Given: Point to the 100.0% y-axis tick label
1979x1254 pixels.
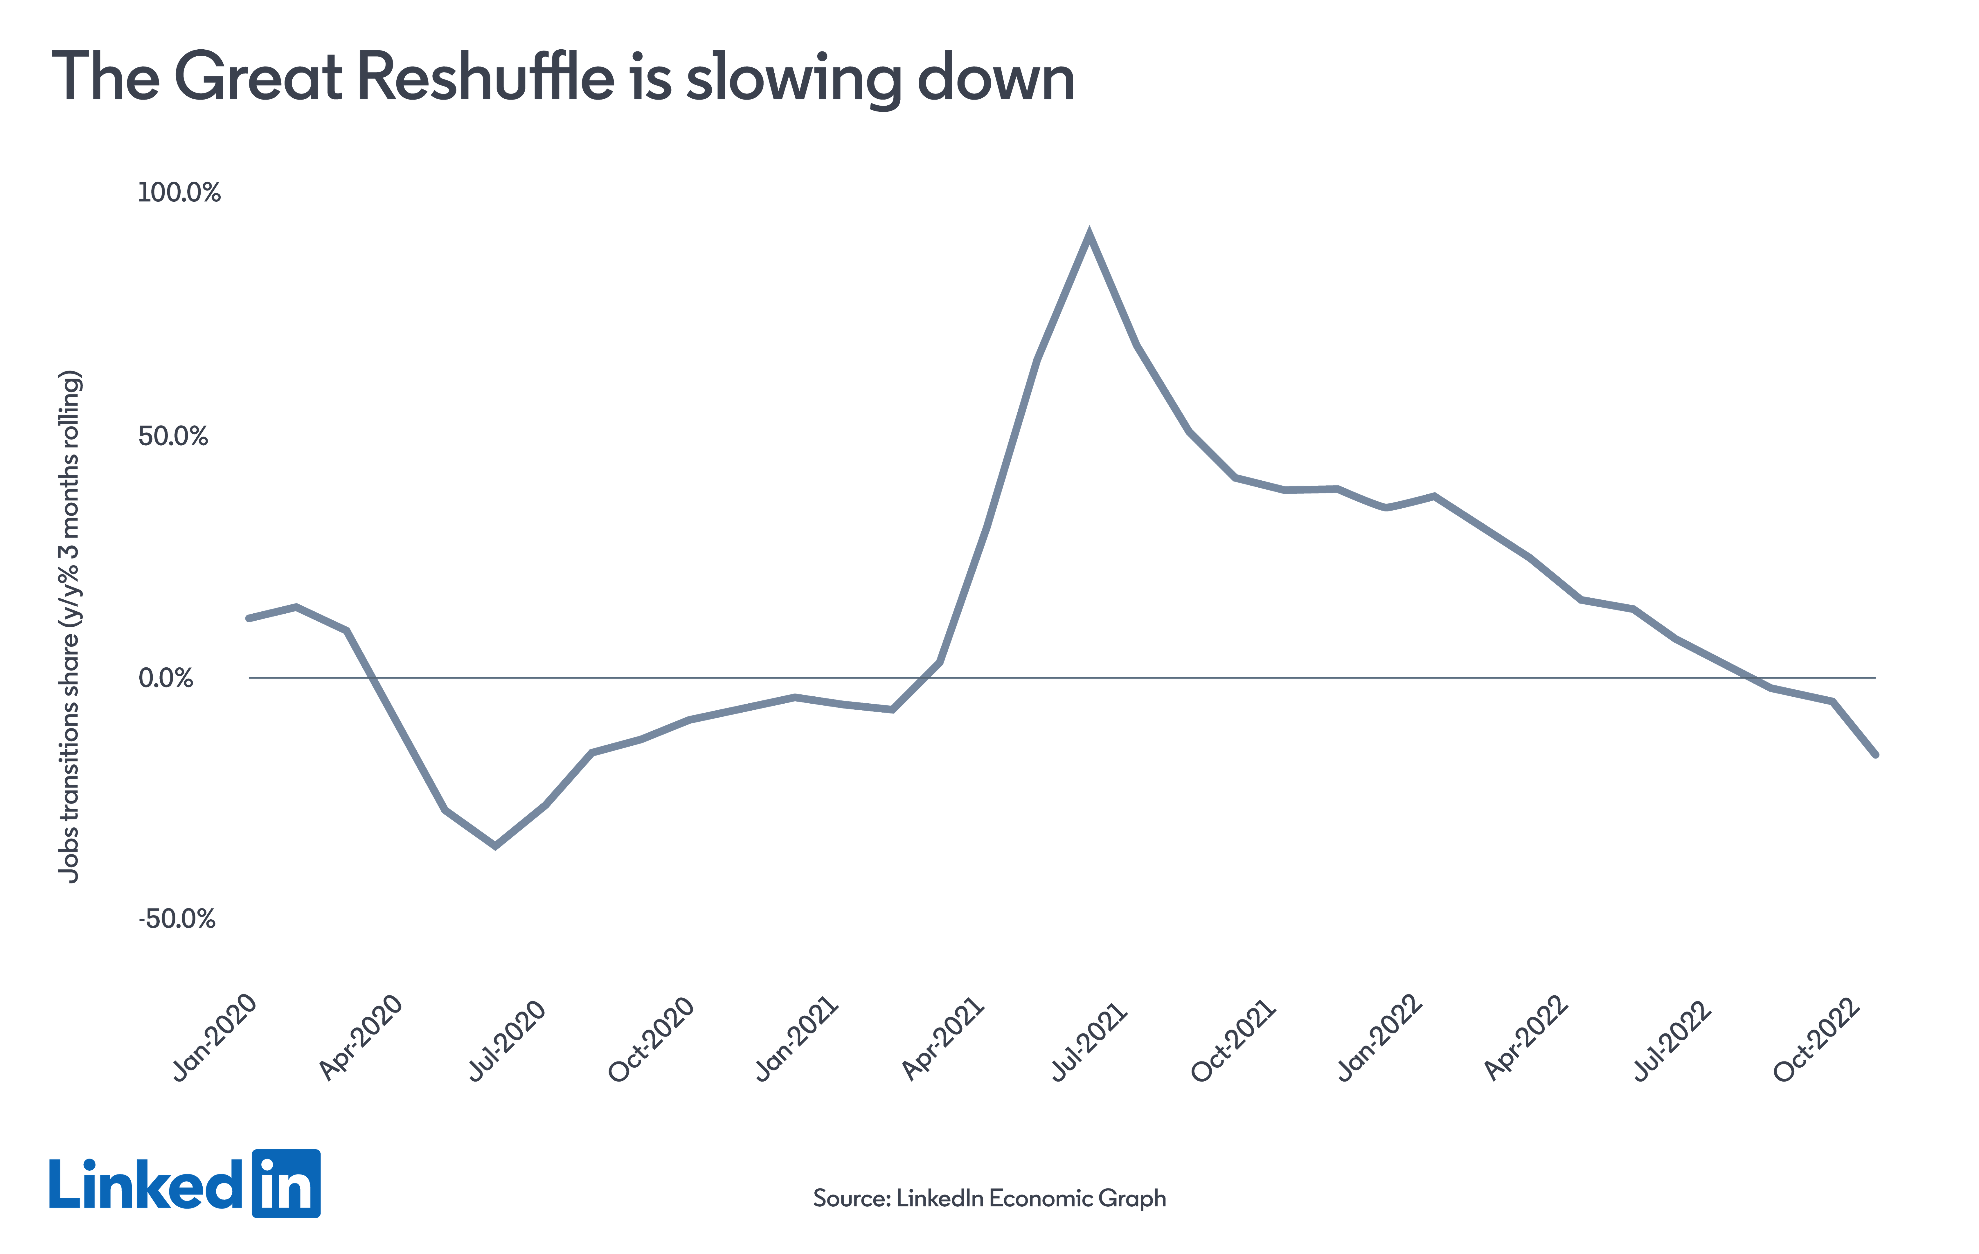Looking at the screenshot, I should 179,193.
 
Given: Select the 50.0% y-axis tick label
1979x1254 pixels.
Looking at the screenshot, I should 173,436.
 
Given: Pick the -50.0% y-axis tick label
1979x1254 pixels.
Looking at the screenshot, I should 177,919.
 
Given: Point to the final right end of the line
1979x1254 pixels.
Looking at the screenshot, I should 1875,754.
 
